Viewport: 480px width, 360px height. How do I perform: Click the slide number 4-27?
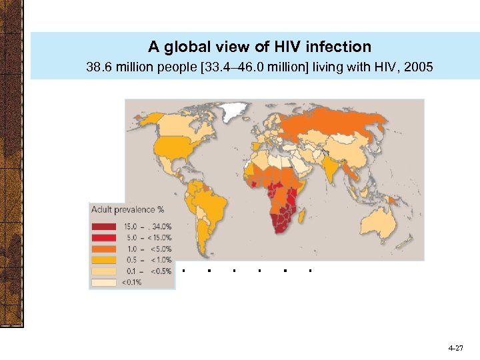[x=456, y=348]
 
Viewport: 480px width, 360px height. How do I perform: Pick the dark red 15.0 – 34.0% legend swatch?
[x=103, y=225]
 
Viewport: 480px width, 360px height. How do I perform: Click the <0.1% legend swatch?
[x=103, y=282]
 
